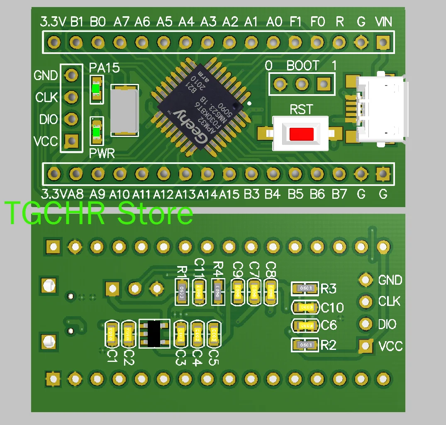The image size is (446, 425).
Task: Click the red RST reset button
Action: pyautogui.click(x=302, y=134)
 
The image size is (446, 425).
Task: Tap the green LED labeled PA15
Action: pyautogui.click(x=97, y=89)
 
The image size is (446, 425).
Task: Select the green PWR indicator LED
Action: pyautogui.click(x=97, y=132)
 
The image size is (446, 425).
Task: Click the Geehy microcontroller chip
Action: pyautogui.click(x=200, y=110)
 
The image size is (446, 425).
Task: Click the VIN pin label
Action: pyautogui.click(x=383, y=22)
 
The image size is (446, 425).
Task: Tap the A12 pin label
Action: pyautogui.click(x=164, y=194)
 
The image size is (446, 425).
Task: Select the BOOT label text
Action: pyautogui.click(x=303, y=66)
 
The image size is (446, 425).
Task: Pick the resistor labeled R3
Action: pyautogui.click(x=306, y=288)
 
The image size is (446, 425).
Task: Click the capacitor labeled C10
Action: pyautogui.click(x=306, y=307)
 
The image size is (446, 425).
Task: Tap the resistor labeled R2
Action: pyautogui.click(x=306, y=344)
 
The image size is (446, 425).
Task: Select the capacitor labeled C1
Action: pyautogui.click(x=112, y=335)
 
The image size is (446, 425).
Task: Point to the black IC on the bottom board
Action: pyautogui.click(x=154, y=334)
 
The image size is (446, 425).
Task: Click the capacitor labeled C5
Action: pyautogui.click(x=214, y=335)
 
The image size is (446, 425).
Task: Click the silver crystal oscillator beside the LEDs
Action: pyautogui.click(x=124, y=110)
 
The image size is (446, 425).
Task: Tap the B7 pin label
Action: pyautogui.click(x=339, y=194)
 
